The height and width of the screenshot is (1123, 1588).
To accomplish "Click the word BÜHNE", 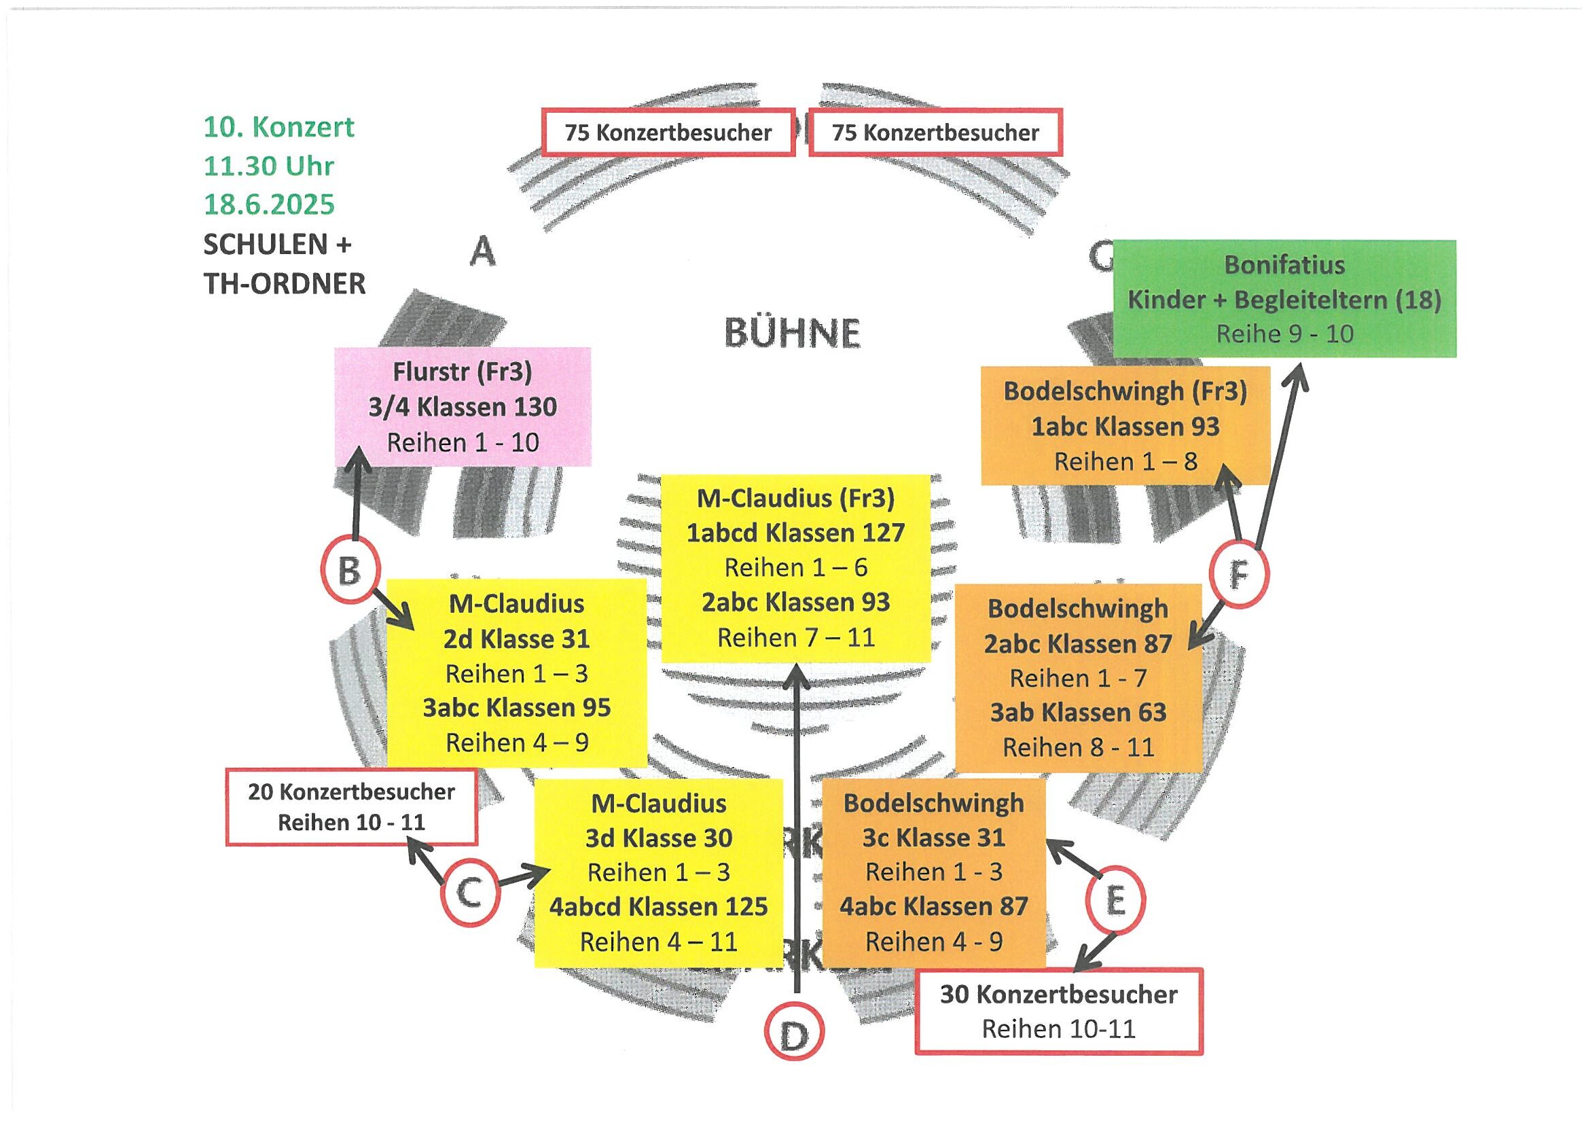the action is coord(793,334).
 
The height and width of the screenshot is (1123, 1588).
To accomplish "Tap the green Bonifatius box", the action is coord(1284,299).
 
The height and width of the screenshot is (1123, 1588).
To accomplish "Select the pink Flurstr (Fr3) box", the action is coord(463,407).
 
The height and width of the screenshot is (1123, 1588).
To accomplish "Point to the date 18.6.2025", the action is coord(269,204).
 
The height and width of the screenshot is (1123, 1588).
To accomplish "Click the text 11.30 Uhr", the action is coord(269,166).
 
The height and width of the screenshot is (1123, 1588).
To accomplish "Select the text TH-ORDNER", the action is coord(285,284).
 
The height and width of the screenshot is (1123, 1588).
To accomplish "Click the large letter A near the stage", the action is coord(483,251).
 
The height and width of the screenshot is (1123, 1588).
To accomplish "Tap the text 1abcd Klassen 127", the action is coord(795,533).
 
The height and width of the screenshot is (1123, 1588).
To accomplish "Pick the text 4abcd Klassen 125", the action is coord(658,906).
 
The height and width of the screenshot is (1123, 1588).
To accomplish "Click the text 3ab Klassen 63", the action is coord(1079,713).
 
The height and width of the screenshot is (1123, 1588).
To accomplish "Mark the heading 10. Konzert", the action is coord(278,127).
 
